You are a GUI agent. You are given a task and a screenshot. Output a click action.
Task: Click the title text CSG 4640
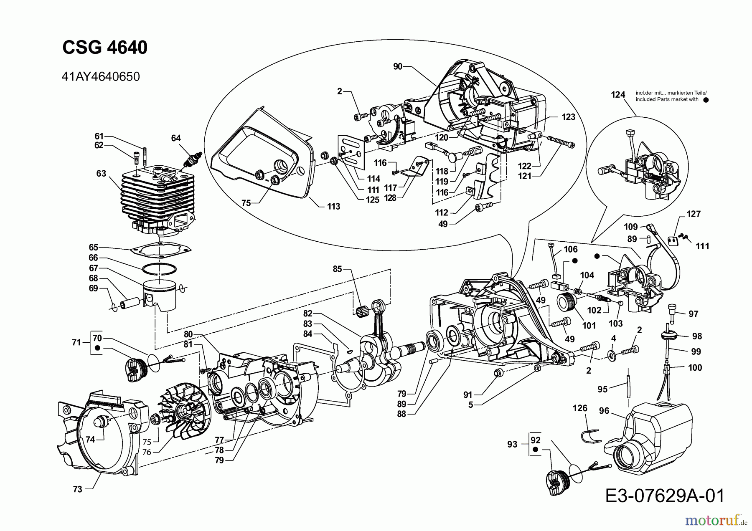(105, 48)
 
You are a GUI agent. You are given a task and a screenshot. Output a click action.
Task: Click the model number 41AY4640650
(100, 77)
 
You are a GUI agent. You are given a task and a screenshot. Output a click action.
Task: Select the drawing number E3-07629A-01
(664, 496)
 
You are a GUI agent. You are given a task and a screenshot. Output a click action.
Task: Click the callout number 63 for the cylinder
(101, 173)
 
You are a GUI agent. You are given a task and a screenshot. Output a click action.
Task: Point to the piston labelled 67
(161, 294)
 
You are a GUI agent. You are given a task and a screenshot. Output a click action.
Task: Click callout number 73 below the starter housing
(77, 489)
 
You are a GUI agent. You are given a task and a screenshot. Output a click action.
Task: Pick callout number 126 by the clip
(580, 408)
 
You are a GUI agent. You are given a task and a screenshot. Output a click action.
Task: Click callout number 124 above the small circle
(618, 95)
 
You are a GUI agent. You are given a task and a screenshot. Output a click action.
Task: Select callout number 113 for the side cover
(333, 206)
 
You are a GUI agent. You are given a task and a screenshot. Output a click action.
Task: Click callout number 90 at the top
(398, 66)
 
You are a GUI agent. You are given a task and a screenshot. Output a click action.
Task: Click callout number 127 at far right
(694, 214)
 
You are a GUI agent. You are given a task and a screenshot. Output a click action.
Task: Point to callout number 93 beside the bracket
(512, 445)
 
